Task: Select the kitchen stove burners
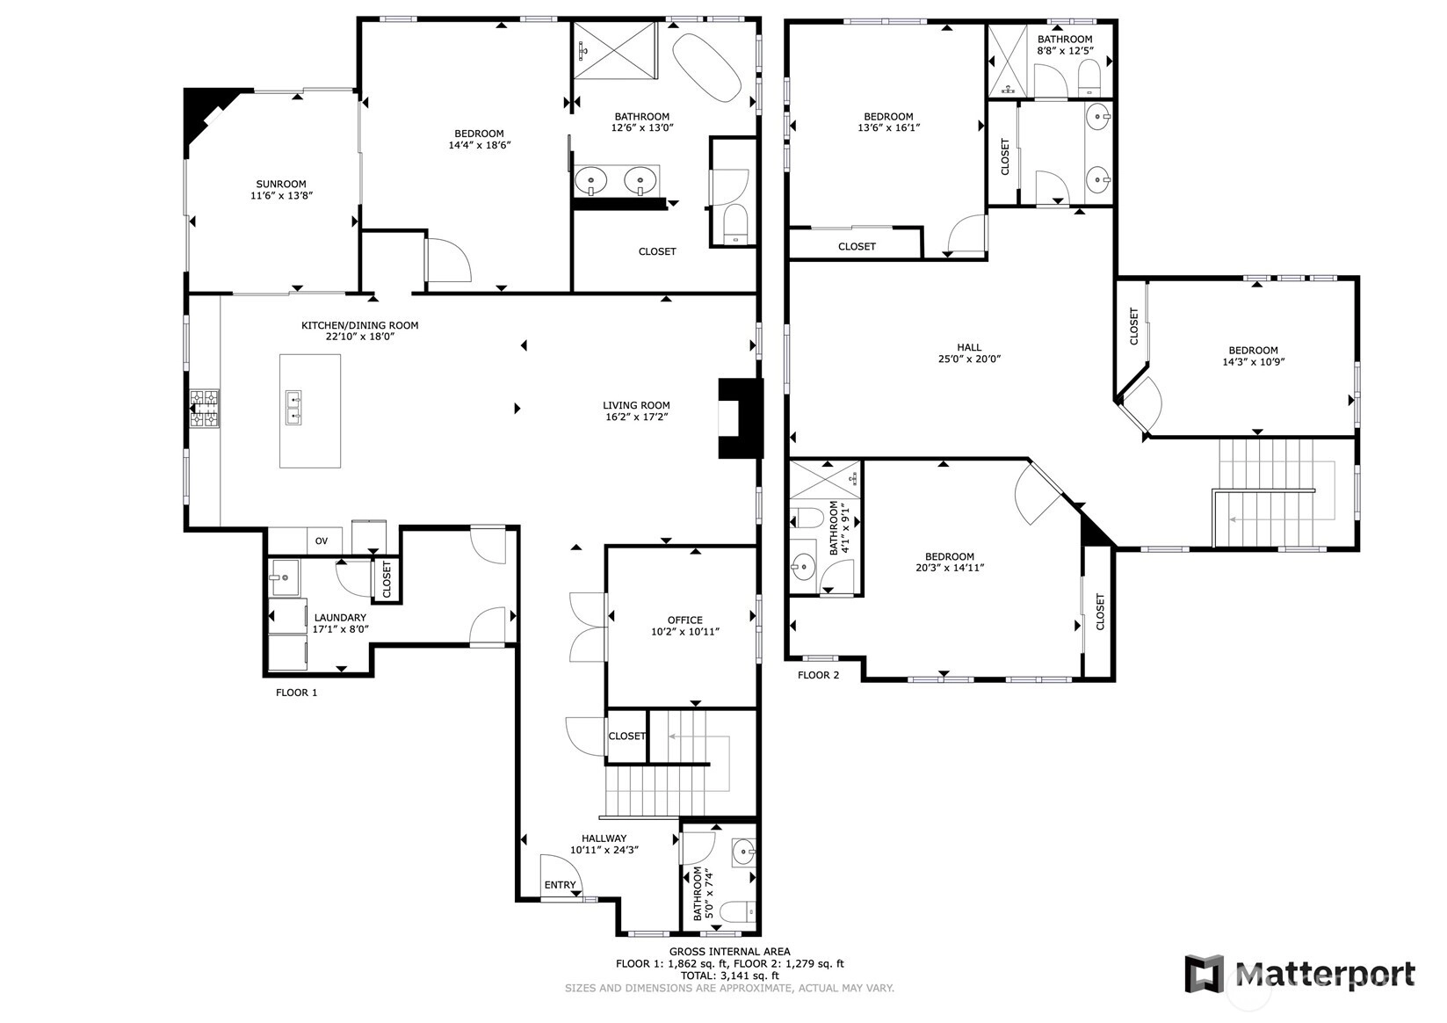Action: (x=204, y=409)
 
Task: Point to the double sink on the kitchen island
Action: (x=294, y=408)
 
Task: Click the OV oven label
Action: (x=321, y=541)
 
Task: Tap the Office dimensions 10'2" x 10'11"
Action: (x=684, y=631)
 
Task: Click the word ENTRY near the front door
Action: (x=560, y=885)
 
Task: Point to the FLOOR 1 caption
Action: (x=296, y=693)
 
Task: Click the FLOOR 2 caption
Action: (x=819, y=675)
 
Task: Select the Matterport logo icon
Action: (x=1205, y=973)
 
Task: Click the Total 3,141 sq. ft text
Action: (x=729, y=976)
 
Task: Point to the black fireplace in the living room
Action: (x=741, y=418)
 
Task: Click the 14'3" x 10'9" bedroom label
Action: (x=1253, y=356)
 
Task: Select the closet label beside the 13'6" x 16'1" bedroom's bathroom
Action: (x=1004, y=156)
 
